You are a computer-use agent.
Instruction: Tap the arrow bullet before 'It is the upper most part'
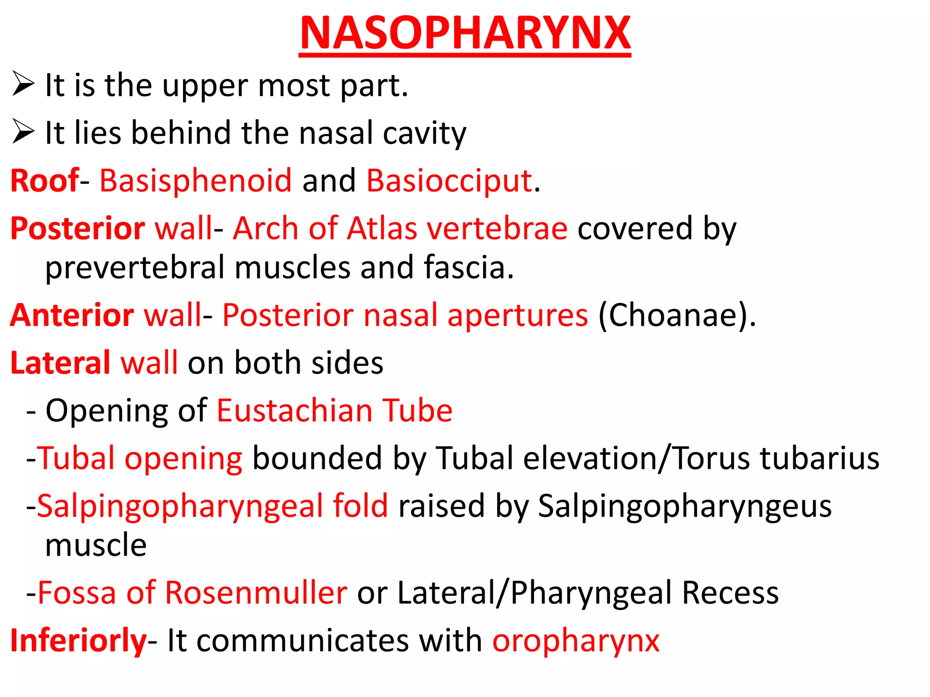pos(23,84)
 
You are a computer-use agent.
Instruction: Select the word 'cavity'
pos(425,133)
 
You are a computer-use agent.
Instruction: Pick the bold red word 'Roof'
pos(45,181)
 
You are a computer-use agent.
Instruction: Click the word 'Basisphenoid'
pos(195,181)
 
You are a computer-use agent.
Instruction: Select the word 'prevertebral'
pos(135,268)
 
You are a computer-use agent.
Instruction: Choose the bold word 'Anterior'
pos(72,315)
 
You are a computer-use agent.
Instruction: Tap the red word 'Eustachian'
pos(294,411)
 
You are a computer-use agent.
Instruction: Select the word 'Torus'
pos(712,458)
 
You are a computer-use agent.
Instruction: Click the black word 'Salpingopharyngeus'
pos(685,506)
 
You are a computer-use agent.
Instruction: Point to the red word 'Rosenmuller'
pos(256,593)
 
